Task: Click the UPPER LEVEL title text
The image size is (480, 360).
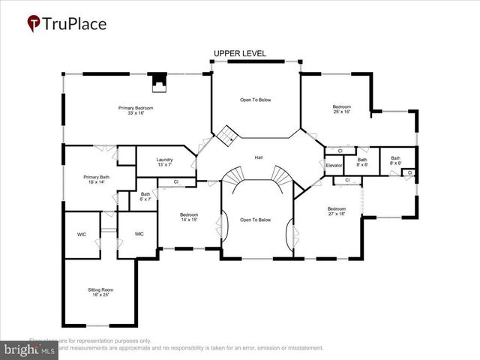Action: tap(239, 53)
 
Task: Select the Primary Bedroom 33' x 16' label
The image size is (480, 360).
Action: tap(136, 110)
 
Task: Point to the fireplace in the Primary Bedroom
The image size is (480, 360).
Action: tap(158, 81)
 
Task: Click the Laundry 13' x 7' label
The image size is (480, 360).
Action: tap(165, 162)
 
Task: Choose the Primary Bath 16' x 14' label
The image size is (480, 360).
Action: tap(96, 179)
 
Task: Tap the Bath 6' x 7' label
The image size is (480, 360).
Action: tap(145, 197)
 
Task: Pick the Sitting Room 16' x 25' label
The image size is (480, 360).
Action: tap(101, 292)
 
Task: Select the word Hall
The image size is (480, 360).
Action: tap(259, 157)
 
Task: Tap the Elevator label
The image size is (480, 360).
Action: tap(334, 165)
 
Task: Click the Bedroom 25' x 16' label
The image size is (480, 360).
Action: tap(342, 109)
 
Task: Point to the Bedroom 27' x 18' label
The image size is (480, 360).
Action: tap(336, 211)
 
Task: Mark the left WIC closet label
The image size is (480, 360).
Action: tap(82, 234)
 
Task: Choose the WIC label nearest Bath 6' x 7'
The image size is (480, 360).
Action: tap(139, 234)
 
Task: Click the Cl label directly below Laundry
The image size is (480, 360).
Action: tap(175, 181)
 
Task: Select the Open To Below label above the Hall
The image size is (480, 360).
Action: tap(255, 100)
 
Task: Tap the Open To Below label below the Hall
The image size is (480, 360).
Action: tap(255, 220)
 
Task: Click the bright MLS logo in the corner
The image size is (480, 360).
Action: tap(29, 349)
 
